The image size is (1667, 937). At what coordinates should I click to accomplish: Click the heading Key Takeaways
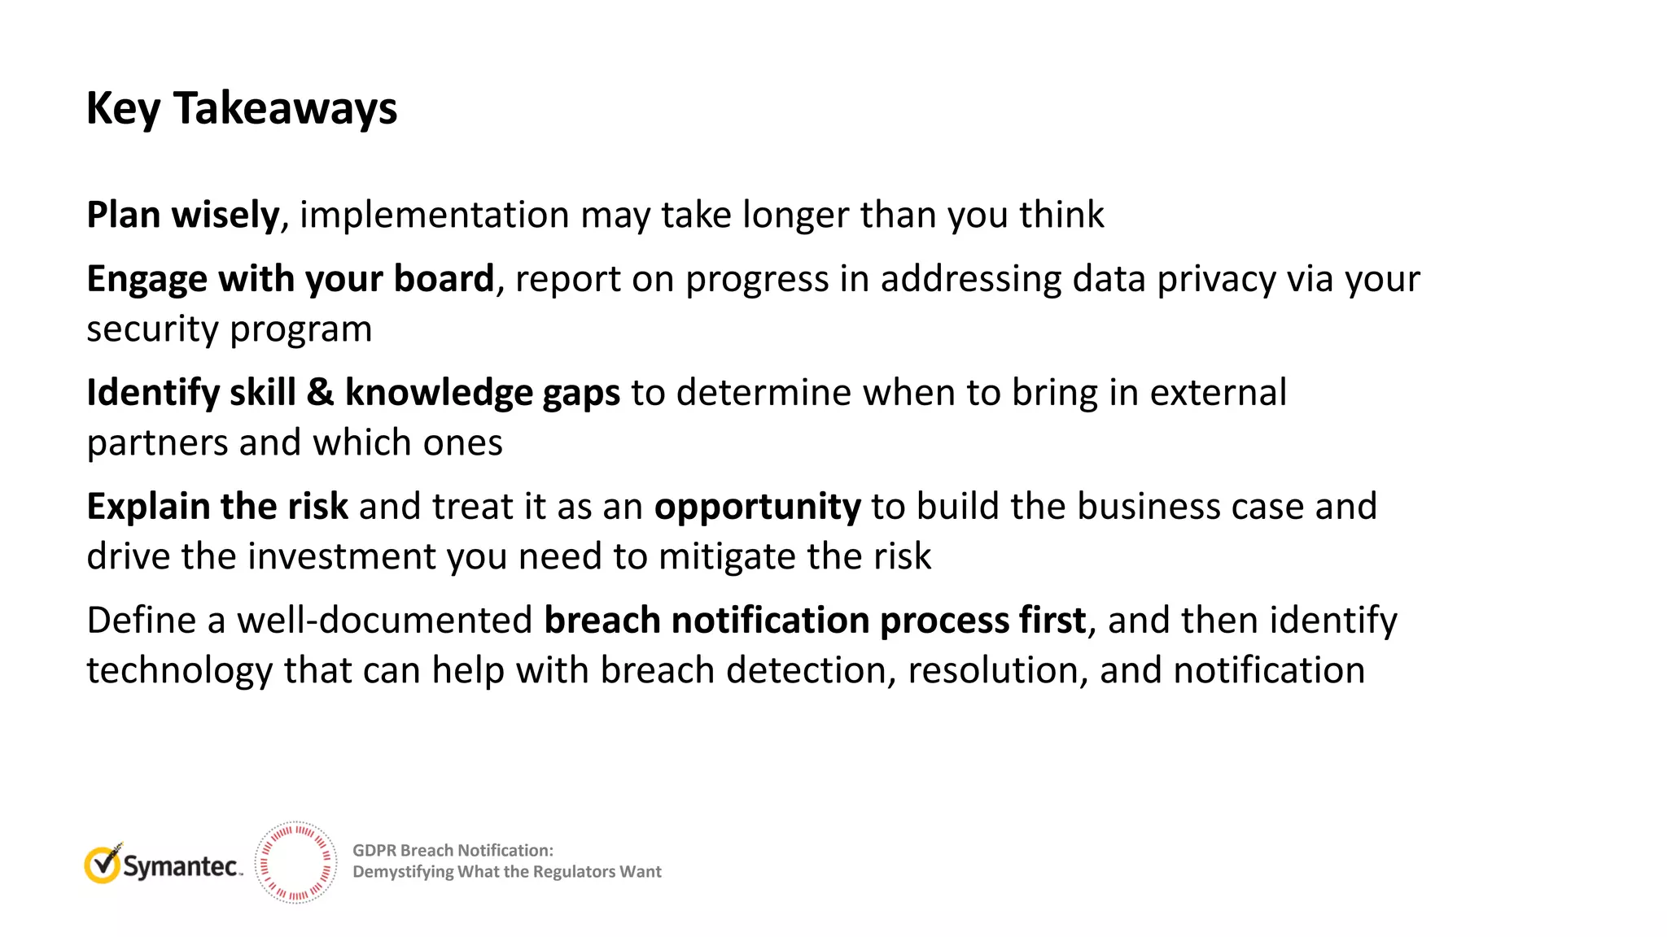pos(242,108)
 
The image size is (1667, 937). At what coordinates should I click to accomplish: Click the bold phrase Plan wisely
pos(183,215)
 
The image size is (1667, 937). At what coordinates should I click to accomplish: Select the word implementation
pos(435,215)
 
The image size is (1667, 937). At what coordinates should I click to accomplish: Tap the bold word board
pos(444,279)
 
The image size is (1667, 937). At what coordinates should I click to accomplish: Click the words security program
pos(229,329)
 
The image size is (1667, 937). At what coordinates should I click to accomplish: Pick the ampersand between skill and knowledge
pos(320,392)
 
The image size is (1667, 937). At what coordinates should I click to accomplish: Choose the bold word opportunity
pos(757,507)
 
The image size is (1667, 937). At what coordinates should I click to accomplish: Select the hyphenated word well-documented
pos(384,621)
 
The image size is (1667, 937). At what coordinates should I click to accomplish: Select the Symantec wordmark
pos(182,867)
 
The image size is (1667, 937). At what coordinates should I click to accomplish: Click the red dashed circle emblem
pos(295,863)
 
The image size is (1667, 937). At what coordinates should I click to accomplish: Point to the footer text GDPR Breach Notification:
pos(453,851)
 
